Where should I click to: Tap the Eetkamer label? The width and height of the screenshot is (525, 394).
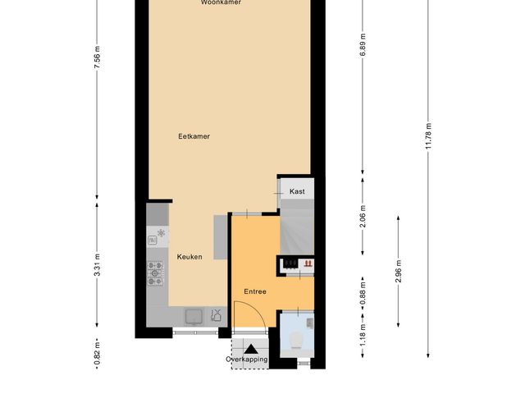click(x=194, y=137)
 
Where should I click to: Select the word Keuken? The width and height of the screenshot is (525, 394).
click(x=189, y=257)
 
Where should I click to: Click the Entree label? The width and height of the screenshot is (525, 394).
click(x=255, y=291)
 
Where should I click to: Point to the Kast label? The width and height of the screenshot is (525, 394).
click(x=297, y=191)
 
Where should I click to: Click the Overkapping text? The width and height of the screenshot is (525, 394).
click(x=247, y=360)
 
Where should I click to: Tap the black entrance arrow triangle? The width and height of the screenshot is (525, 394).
click(x=249, y=349)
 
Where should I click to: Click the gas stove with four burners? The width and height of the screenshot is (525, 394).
click(x=156, y=273)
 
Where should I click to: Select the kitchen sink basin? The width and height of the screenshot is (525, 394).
click(x=194, y=315)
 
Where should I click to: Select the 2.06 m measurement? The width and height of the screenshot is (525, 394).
click(x=362, y=216)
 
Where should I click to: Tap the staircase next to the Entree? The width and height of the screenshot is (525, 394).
click(x=296, y=230)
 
